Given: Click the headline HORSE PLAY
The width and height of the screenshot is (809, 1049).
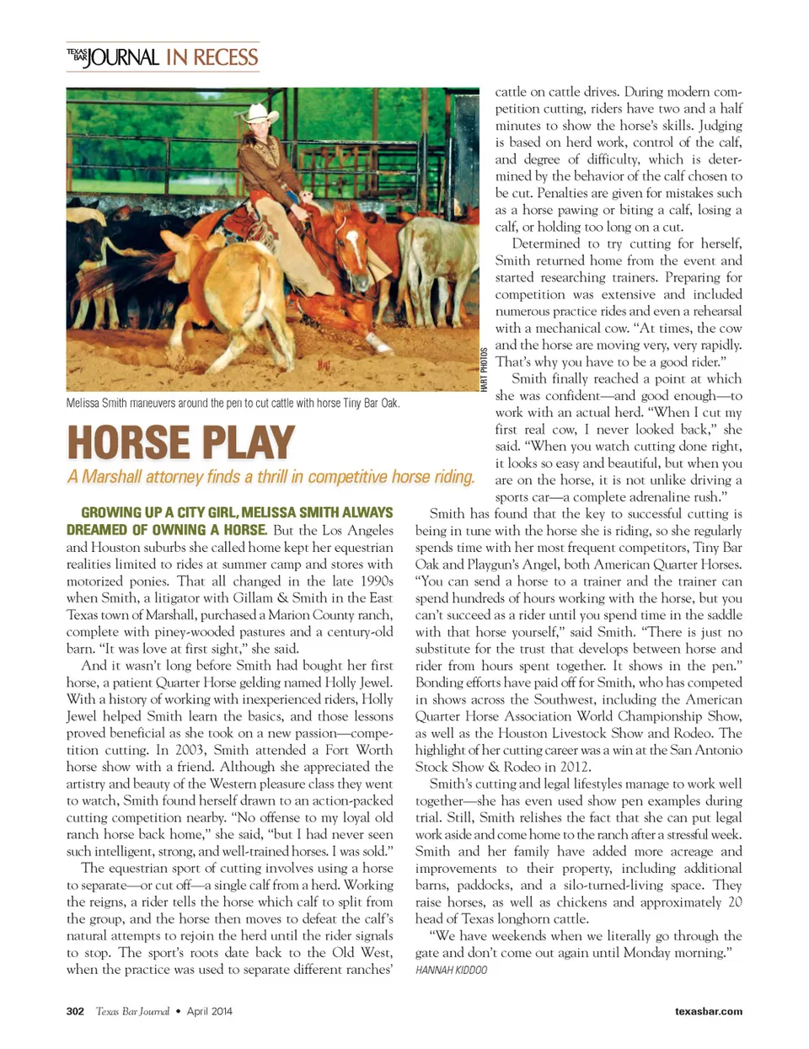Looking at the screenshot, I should [180, 443].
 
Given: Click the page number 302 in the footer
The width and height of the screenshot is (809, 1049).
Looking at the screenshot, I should [75, 1011].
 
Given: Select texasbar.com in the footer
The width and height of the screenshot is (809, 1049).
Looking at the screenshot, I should [708, 1011].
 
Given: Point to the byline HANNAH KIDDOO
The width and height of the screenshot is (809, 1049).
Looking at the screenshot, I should [451, 970].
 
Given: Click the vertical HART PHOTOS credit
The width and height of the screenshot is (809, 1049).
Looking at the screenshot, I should [485, 368].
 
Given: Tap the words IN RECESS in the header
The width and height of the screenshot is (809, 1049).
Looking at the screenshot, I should [212, 57].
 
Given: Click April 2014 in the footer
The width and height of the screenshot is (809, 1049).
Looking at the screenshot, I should [210, 1011].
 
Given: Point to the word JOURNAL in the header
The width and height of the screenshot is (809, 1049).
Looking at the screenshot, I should [124, 57].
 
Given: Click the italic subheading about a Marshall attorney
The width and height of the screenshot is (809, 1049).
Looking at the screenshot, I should [271, 477].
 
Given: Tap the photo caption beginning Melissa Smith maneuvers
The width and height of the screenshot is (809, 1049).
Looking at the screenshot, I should [233, 403].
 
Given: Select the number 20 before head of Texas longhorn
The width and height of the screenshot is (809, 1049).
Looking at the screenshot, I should [735, 902].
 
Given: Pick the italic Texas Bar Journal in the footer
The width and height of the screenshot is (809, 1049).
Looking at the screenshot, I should [132, 1011].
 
